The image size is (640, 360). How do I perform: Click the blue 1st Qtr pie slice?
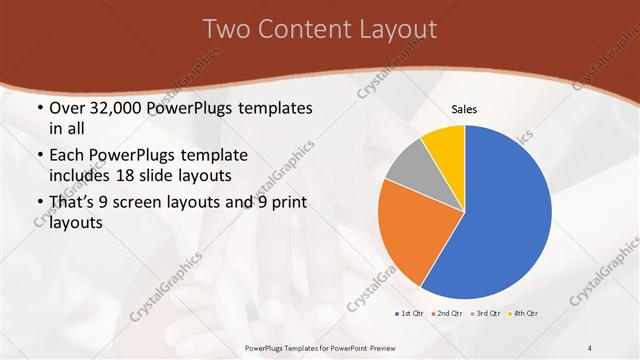point(505,215)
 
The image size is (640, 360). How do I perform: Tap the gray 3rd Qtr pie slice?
point(408,166)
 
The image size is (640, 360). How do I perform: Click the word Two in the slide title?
point(225,29)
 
